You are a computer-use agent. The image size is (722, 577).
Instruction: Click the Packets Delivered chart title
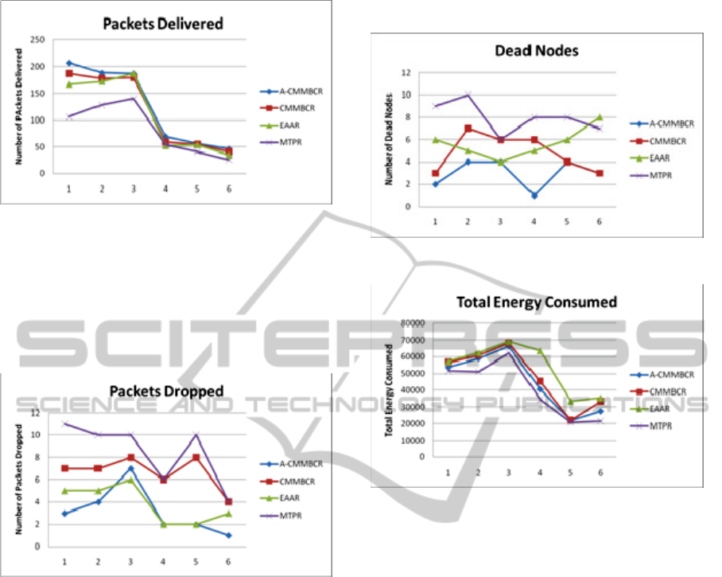pos(163,23)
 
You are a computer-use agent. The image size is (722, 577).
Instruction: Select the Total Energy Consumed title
pos(537,302)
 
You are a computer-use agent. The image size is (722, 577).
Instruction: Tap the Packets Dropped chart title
pos(166,391)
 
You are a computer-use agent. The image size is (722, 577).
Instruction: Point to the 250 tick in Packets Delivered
pos(37,40)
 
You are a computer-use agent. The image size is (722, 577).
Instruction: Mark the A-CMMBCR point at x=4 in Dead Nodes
pos(534,195)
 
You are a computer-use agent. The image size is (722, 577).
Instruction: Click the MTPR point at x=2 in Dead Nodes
pos(468,95)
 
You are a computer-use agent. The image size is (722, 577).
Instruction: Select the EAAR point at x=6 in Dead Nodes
pos(600,117)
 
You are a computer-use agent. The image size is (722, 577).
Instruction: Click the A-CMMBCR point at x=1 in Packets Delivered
pos(69,63)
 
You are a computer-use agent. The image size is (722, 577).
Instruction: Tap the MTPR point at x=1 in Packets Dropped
pos(64,423)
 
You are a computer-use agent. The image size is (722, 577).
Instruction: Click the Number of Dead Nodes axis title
pos(390,138)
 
